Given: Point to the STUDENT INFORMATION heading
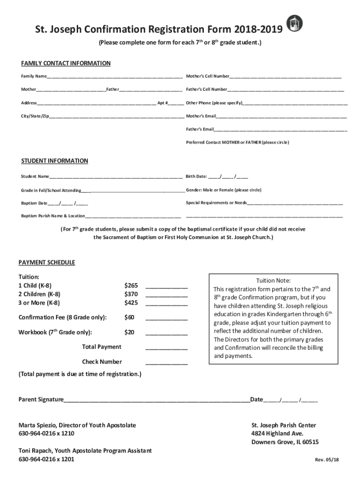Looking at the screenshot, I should [x=55, y=161].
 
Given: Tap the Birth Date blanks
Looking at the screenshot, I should [x=228, y=177].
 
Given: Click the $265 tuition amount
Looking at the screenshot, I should [x=131, y=285].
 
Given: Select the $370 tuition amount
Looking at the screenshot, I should [x=131, y=294].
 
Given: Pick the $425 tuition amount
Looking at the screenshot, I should [x=131, y=303].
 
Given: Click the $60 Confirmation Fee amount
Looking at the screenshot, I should [x=130, y=318].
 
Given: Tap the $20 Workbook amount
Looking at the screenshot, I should [x=130, y=333].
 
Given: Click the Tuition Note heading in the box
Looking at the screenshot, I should [x=274, y=281].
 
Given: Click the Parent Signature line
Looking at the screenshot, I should [x=157, y=401].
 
